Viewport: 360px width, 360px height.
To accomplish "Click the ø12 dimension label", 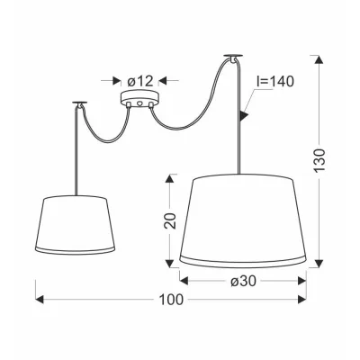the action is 140,81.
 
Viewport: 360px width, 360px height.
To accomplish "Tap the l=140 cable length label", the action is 275,81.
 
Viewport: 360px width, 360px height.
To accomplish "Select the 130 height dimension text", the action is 320,160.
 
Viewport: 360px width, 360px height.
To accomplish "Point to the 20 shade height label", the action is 171,221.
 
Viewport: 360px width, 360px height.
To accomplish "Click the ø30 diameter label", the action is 244,281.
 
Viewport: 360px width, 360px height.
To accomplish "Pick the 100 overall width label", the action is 171,300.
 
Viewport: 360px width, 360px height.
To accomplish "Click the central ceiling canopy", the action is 139,99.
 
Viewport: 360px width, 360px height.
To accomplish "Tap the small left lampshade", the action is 75,225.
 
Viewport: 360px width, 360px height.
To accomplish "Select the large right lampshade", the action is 242,220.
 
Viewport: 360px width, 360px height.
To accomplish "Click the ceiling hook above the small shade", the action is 80,104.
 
